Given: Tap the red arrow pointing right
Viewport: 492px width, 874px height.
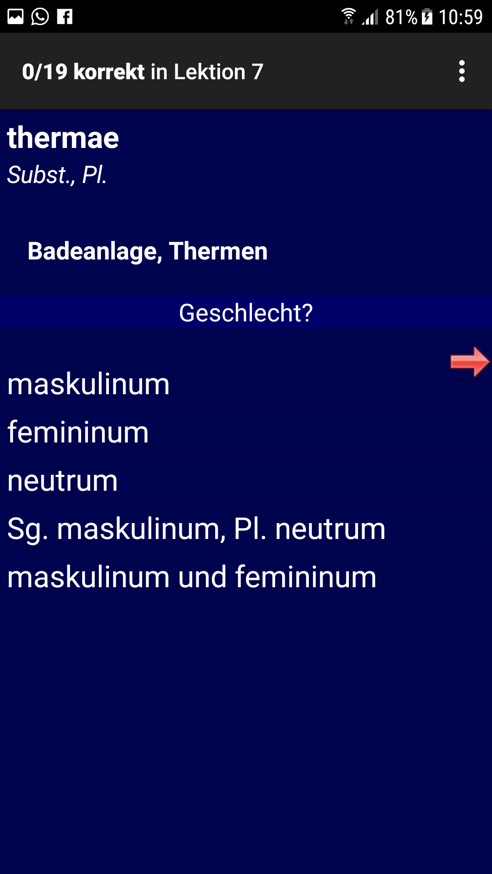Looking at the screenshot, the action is (x=470, y=362).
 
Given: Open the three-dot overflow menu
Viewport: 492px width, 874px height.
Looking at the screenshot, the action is (x=462, y=71).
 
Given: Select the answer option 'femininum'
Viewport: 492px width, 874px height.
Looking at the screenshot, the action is (x=78, y=432).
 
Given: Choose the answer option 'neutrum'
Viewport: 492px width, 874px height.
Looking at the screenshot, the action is (x=62, y=481).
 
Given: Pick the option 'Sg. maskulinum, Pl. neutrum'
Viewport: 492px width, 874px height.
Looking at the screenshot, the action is (x=196, y=529).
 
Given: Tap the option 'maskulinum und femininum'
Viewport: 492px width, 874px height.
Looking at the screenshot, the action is (x=192, y=577).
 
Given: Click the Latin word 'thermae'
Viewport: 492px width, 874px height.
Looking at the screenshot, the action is (x=63, y=138).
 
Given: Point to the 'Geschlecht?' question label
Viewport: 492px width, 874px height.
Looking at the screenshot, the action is (x=246, y=313).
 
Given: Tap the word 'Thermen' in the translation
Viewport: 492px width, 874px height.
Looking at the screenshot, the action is (x=218, y=251).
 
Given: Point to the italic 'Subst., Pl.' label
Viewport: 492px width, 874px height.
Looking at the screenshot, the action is (x=57, y=175).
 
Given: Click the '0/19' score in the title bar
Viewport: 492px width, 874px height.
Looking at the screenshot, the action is (x=45, y=72).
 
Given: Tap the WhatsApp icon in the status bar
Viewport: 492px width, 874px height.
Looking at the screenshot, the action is (x=40, y=17).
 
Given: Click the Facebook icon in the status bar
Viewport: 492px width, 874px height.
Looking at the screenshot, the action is (x=65, y=17).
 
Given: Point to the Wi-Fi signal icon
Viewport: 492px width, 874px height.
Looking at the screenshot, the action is (x=348, y=16).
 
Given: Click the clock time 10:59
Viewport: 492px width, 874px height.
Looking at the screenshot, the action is (x=461, y=17).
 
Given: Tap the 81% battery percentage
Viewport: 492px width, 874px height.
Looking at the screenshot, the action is (x=401, y=17).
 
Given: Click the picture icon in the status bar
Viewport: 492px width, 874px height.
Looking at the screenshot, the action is (x=15, y=17).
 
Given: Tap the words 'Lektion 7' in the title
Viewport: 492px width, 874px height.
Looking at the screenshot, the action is (x=219, y=72).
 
